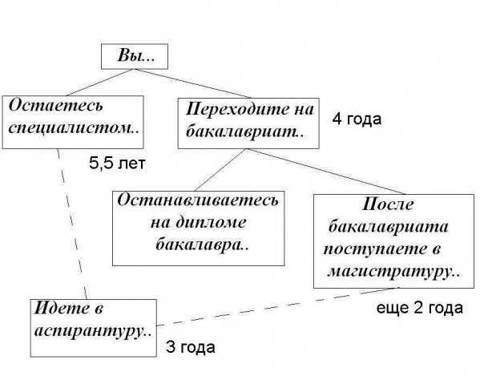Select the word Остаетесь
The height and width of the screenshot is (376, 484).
coord(56,106)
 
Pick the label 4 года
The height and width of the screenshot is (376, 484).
coord(357,119)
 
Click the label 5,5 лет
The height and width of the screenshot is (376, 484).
coord(117,164)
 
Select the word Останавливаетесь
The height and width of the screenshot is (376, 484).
coord(198,200)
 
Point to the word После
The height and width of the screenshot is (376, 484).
coord(388,204)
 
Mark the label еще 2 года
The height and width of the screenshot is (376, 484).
coord(420,309)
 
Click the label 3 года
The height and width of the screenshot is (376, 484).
coord(191,347)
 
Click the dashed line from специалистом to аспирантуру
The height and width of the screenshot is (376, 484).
coord(72,224)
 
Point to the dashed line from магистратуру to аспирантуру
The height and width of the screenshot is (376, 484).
coord(278,306)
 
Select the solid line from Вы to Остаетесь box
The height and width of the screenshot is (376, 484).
coord(99,83)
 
